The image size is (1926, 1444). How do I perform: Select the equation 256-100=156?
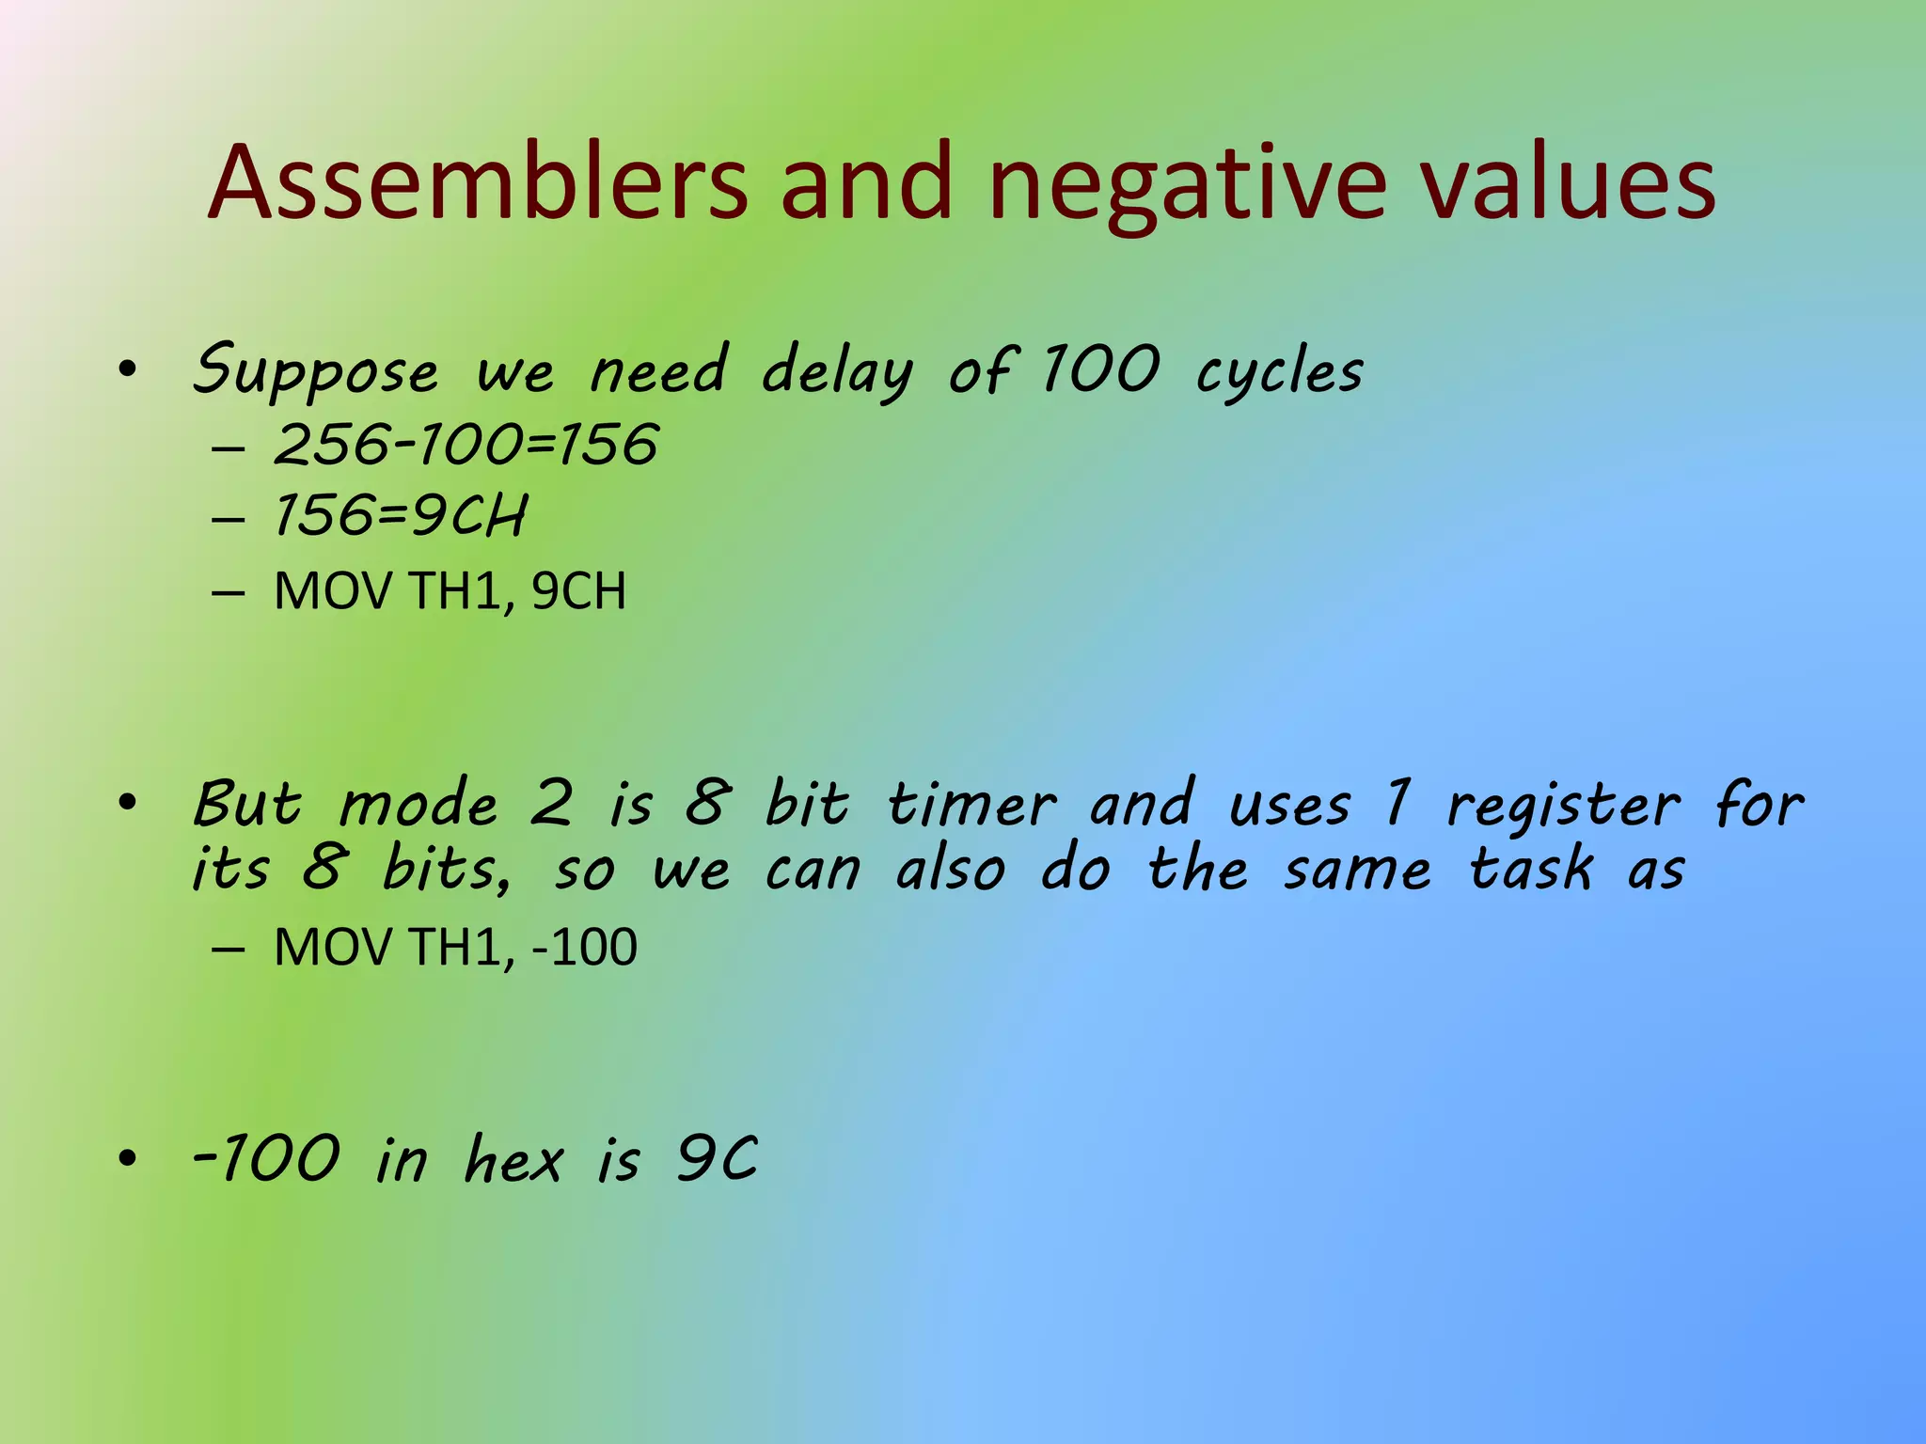tap(466, 444)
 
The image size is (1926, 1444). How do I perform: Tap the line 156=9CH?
tap(400, 516)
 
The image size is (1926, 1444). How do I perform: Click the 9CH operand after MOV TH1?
tap(578, 591)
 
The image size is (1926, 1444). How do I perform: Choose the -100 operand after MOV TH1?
tap(584, 947)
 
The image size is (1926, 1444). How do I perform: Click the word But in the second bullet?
tap(247, 806)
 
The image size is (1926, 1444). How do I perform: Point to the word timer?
tap(971, 806)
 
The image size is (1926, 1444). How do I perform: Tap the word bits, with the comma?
tap(448, 870)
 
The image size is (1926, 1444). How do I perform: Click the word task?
tap(1531, 870)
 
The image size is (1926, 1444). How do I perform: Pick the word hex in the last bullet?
tap(513, 1159)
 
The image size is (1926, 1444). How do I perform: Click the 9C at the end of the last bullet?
tap(717, 1159)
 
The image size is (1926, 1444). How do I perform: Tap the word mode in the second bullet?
tap(418, 806)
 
